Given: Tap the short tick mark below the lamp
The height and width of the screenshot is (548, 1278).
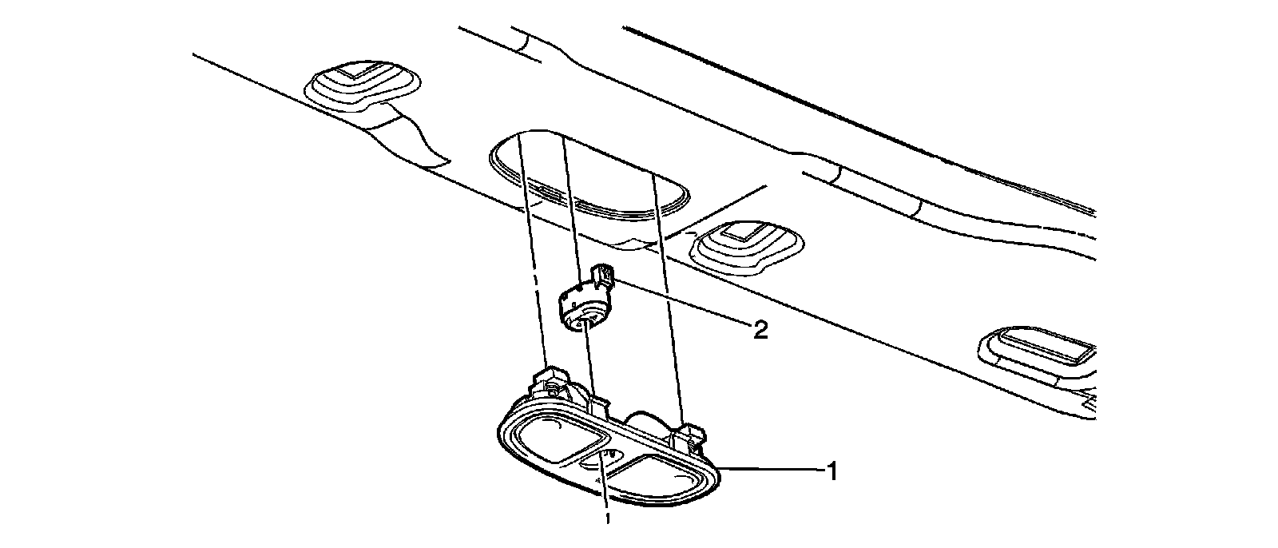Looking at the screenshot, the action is coord(607,520).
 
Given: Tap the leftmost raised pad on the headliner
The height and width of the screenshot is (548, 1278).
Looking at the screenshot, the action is coord(363,82).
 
